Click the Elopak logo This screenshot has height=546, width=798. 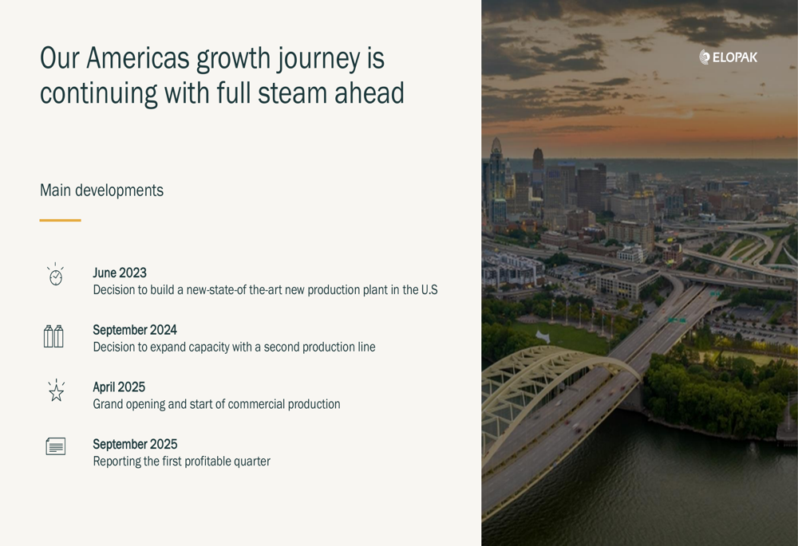pos(728,57)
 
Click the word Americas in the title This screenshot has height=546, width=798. pos(138,58)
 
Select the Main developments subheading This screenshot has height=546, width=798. pos(102,191)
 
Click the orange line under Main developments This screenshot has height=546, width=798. pos(60,220)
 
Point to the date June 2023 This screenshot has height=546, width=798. pos(120,273)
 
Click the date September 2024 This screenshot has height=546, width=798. pos(135,330)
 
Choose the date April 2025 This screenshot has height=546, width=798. pos(119,387)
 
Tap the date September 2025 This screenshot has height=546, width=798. pos(135,444)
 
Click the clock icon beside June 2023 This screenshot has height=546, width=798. pos(56,275)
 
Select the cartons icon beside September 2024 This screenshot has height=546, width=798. pos(53,336)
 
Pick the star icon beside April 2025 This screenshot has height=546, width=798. pos(56,391)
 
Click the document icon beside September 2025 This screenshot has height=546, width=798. pos(56,446)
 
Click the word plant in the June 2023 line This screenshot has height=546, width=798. pos(374,290)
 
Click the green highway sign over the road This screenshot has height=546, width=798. pos(677,320)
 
